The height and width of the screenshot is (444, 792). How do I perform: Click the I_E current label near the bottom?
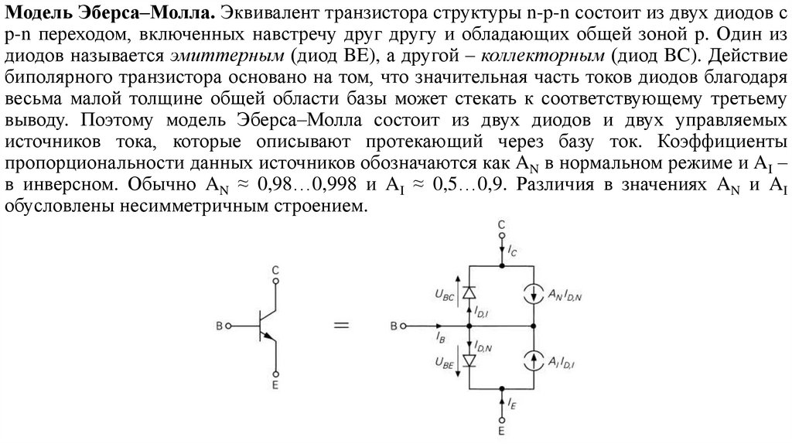(514, 404)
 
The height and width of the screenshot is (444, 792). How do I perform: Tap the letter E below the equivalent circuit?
(502, 430)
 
